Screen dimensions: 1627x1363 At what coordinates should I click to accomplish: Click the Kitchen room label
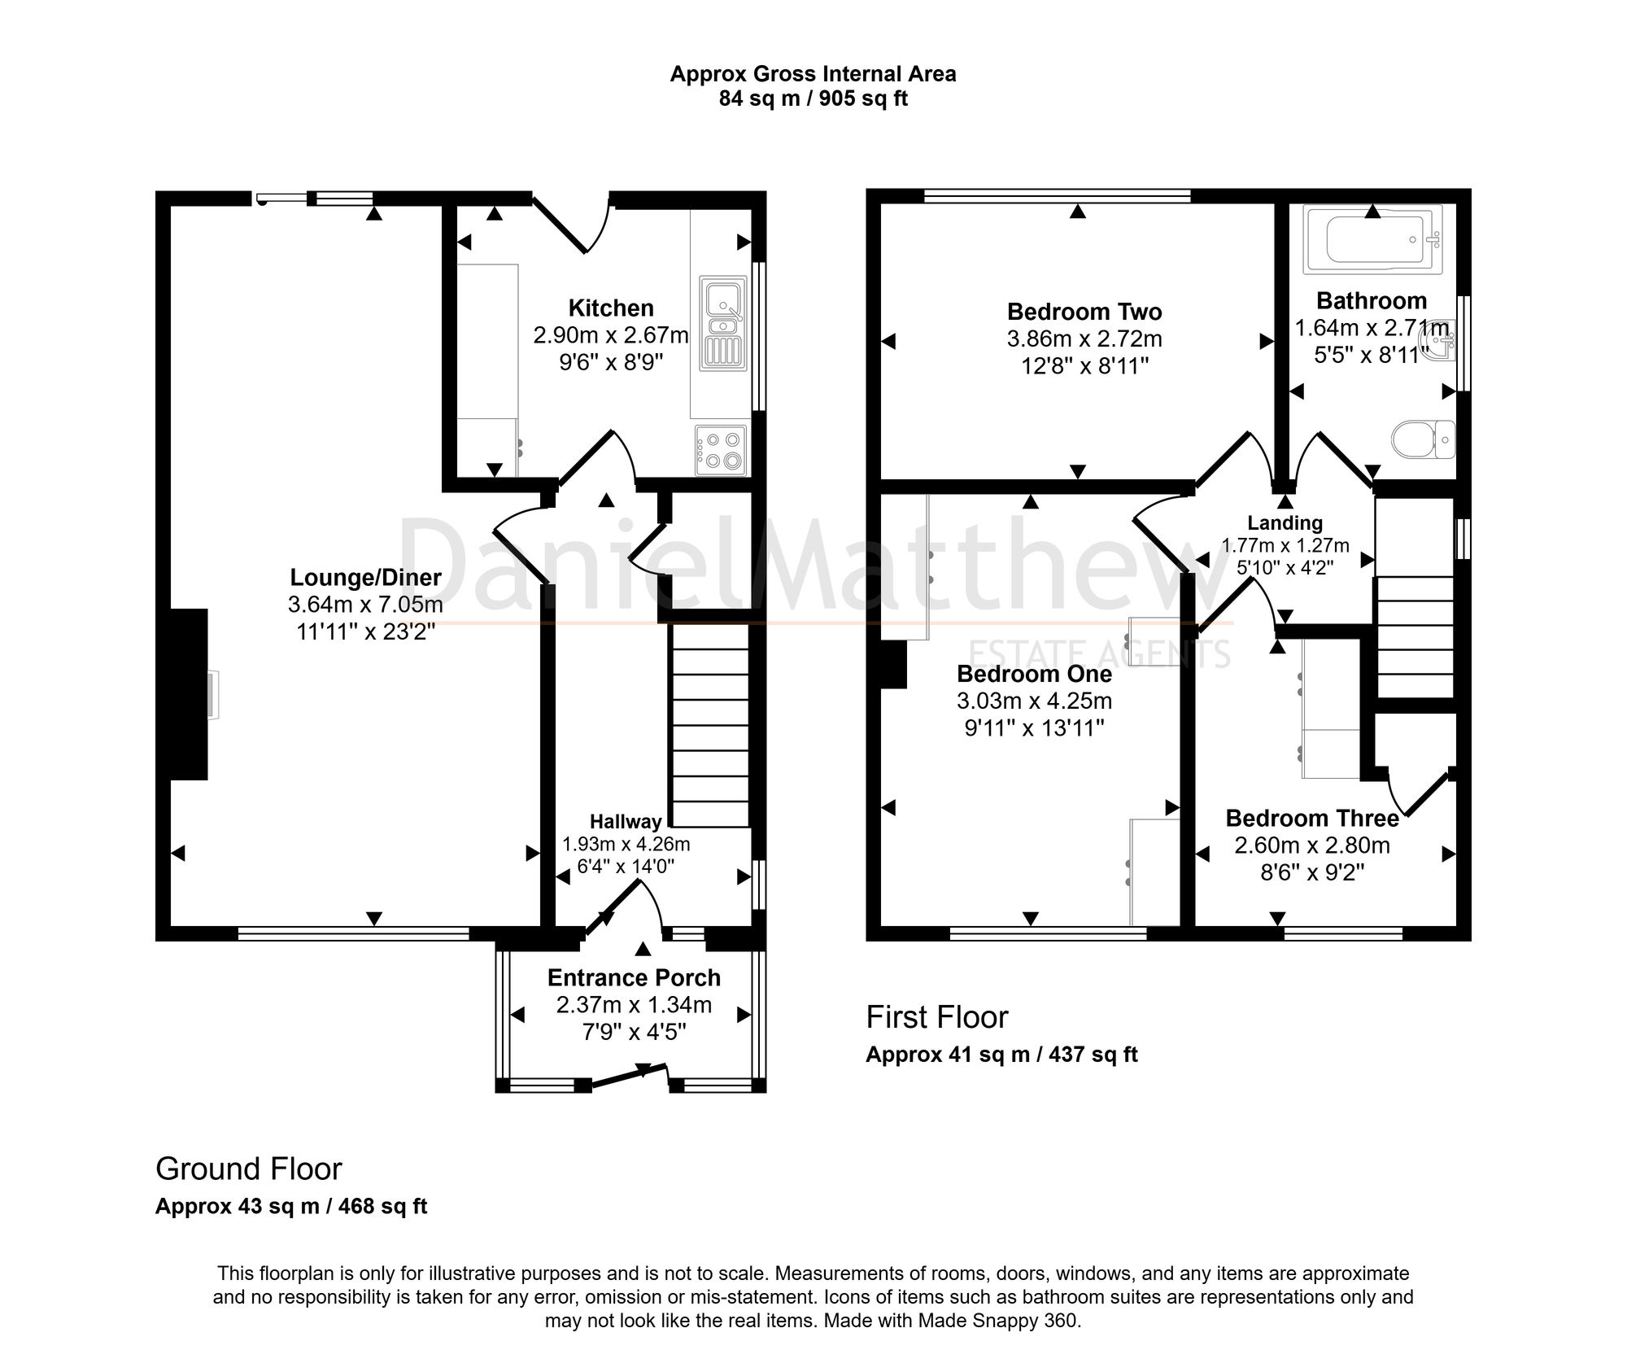coord(611,308)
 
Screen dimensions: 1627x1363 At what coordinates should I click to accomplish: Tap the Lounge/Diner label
coord(366,578)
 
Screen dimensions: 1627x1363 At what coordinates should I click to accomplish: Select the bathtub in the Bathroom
coord(1372,238)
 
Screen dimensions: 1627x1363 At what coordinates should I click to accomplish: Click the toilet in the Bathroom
coord(1423,440)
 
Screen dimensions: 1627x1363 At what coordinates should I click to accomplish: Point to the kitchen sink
coord(722,325)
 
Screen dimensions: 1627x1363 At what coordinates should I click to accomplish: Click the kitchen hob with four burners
coord(721,451)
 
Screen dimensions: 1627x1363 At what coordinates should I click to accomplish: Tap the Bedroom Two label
coord(1084,312)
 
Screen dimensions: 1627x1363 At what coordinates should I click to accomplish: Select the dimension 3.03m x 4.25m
coord(1035,701)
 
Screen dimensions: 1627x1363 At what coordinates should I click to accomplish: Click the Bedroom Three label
coord(1312,818)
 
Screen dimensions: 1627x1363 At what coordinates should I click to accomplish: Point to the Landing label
coord(1285,523)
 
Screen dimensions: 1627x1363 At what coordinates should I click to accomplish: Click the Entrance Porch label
coord(635,977)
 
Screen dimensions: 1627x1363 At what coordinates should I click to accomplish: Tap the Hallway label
coord(626,822)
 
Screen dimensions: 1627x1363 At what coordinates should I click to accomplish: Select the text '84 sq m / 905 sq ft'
coord(813,99)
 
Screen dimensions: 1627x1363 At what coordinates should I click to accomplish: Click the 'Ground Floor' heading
coord(249,1169)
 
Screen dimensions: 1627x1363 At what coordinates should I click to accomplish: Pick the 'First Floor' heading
coord(937,1017)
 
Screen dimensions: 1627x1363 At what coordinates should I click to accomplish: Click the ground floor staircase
coord(709,726)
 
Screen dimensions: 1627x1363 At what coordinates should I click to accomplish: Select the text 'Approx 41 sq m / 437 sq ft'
coord(1001,1055)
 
